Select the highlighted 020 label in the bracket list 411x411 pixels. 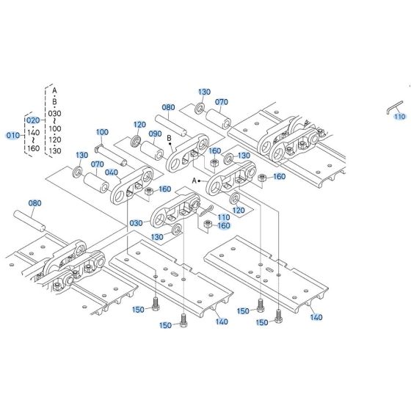[33, 120]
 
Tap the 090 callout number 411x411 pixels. [156, 134]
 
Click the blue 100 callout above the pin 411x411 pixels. [103, 132]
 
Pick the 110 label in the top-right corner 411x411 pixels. [399, 117]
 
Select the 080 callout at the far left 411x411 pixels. [34, 203]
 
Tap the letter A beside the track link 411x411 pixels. [194, 180]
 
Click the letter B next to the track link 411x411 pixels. [169, 137]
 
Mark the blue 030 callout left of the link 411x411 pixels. [136, 223]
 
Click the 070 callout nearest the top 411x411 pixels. [222, 102]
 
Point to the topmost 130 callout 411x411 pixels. [204, 92]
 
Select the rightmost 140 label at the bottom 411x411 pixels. [316, 318]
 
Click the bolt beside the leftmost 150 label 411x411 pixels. [156, 302]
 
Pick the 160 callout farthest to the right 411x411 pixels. [280, 177]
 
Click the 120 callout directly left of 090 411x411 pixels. [139, 125]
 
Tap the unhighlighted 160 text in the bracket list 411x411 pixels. [33, 148]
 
